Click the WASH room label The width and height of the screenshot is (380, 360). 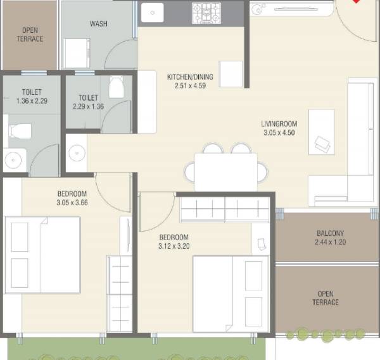(98, 24)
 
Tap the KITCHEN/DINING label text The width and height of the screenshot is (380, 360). (190, 77)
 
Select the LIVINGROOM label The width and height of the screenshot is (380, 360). (279, 124)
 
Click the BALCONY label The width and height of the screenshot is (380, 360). (330, 233)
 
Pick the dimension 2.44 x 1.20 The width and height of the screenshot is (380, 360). (330, 242)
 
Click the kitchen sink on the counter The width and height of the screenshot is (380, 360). (153, 12)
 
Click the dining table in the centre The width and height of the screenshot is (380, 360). (225, 171)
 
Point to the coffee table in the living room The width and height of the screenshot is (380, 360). (322, 131)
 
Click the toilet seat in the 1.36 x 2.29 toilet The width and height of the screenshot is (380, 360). (18, 132)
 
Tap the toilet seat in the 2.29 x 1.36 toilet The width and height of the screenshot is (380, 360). (117, 87)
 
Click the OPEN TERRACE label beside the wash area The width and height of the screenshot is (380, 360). (29, 34)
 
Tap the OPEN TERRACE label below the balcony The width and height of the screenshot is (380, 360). (326, 298)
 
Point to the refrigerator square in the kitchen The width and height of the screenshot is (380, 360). (231, 73)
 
